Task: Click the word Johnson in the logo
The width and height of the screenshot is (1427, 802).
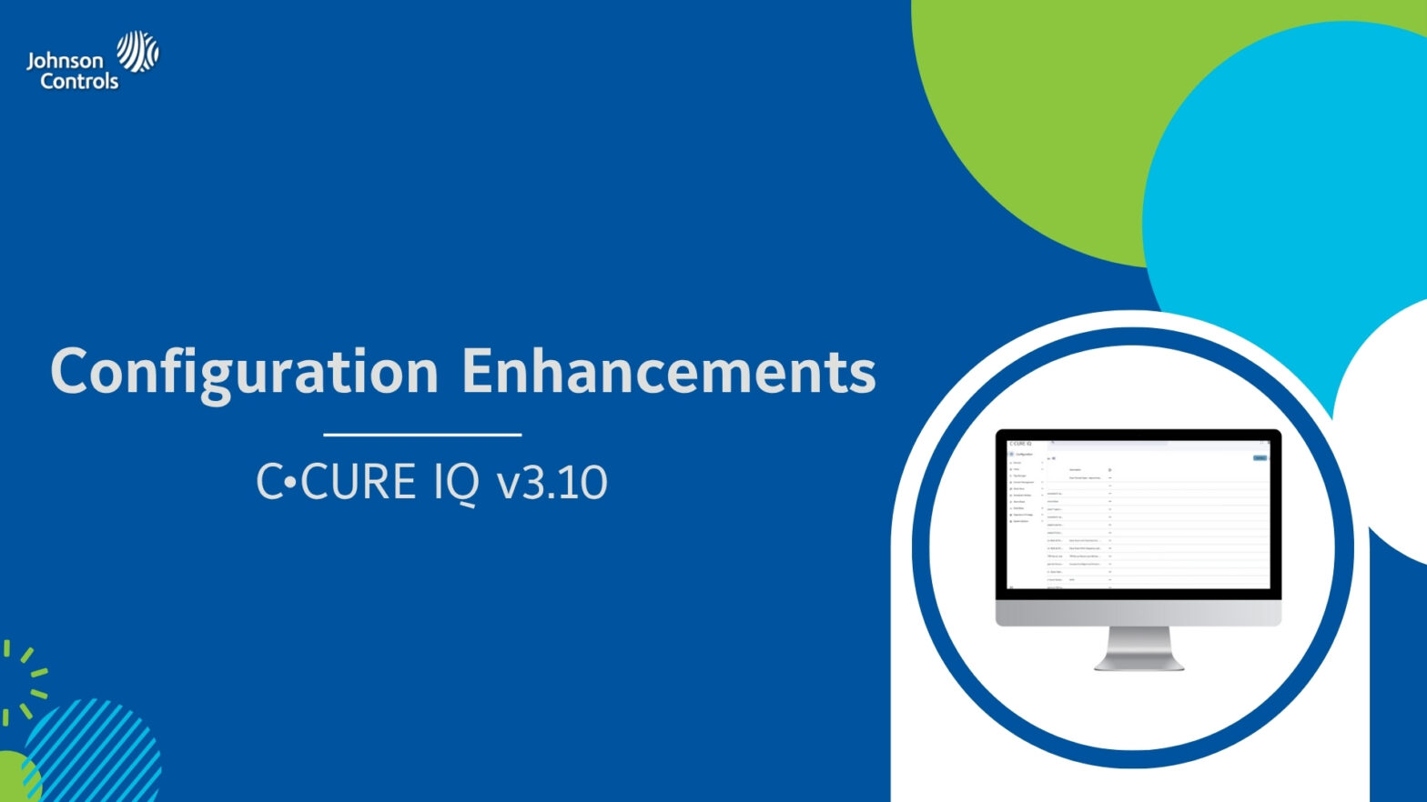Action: [65, 61]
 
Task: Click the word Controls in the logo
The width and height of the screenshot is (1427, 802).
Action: [79, 82]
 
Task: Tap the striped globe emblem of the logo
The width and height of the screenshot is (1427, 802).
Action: [137, 51]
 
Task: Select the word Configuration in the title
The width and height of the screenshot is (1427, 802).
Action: [244, 372]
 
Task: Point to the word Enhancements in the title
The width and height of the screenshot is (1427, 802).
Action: [668, 372]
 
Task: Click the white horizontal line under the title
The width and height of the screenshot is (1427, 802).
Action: [422, 435]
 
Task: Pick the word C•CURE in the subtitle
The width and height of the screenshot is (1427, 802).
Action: [337, 482]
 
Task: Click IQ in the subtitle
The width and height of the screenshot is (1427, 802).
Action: [455, 482]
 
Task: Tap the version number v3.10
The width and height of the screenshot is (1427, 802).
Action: [552, 482]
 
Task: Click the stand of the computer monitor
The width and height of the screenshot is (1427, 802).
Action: [1139, 649]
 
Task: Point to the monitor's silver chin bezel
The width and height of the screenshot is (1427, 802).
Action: [1138, 614]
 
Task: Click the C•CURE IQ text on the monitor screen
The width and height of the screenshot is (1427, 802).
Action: [1019, 444]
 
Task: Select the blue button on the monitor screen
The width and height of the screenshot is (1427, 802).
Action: [1260, 458]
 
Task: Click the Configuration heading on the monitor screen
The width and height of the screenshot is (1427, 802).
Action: [1024, 454]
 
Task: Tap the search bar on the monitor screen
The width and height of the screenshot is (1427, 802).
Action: [1110, 443]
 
